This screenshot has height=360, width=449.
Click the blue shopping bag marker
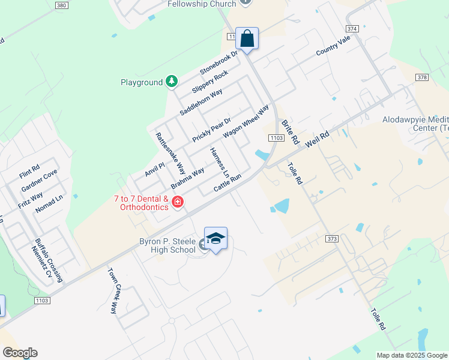[x=247, y=39]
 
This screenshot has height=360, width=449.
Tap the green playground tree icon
[x=172, y=81]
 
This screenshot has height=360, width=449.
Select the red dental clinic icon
[x=177, y=202]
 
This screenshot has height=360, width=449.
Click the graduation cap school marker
[x=215, y=239]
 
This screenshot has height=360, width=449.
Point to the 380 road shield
[x=61, y=5]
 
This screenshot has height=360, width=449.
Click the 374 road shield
[x=352, y=28]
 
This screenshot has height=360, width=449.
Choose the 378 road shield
[x=423, y=77]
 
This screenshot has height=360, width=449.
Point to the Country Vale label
[x=333, y=46]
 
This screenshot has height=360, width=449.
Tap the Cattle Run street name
[x=228, y=183]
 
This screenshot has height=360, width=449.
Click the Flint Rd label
[x=29, y=172]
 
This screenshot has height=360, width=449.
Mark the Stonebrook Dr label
[x=219, y=61]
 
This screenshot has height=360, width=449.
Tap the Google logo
[x=19, y=353]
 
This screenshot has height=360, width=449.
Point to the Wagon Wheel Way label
[x=246, y=122]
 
